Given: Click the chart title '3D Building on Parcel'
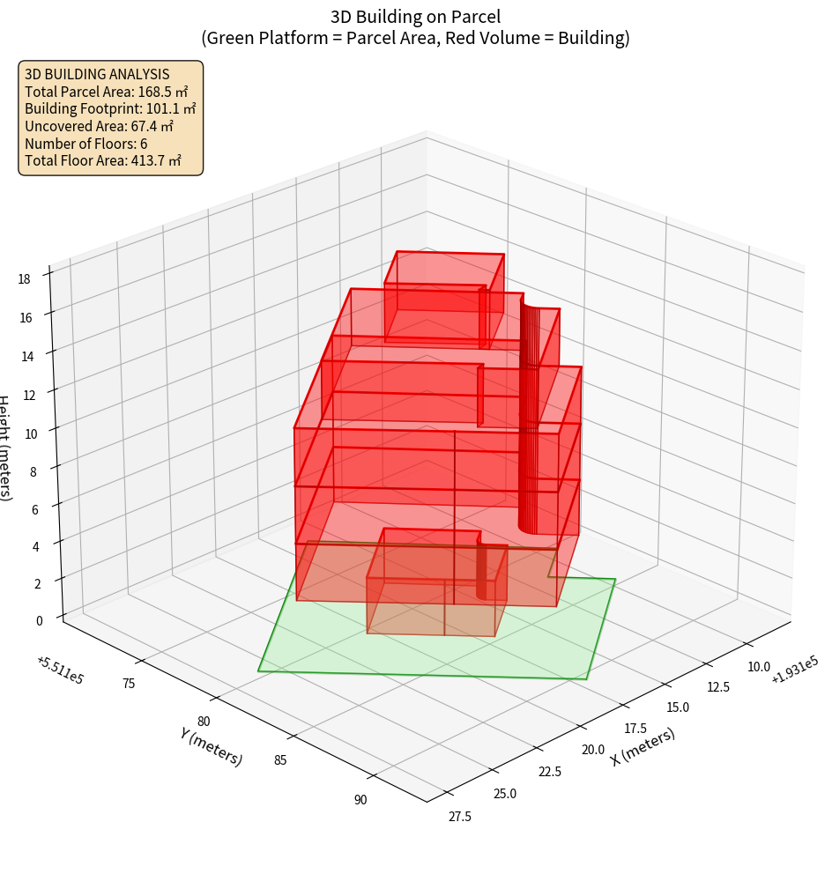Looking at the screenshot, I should pyautogui.click(x=415, y=17).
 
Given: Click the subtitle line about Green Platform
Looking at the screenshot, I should pyautogui.click(x=415, y=38).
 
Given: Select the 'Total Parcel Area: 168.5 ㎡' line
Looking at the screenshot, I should pyautogui.click(x=106, y=92).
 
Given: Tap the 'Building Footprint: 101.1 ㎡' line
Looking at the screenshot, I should pyautogui.click(x=110, y=108).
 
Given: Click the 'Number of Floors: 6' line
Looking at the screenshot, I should pyautogui.click(x=86, y=144).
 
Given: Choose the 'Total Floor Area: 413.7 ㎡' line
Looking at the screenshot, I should pyautogui.click(x=103, y=160).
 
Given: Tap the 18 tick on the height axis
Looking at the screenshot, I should pyautogui.click(x=24, y=279).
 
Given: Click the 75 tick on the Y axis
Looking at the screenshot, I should pyautogui.click(x=129, y=683).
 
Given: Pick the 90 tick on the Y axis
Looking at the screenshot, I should pyautogui.click(x=360, y=800).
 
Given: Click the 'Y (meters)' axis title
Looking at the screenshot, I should pyautogui.click(x=211, y=745).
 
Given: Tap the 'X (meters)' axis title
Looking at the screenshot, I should pyautogui.click(x=643, y=745).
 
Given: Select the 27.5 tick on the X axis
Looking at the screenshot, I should pyautogui.click(x=459, y=816).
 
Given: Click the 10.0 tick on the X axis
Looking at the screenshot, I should pyautogui.click(x=758, y=667).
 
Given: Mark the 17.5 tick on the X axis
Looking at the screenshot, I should pyautogui.click(x=637, y=729).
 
